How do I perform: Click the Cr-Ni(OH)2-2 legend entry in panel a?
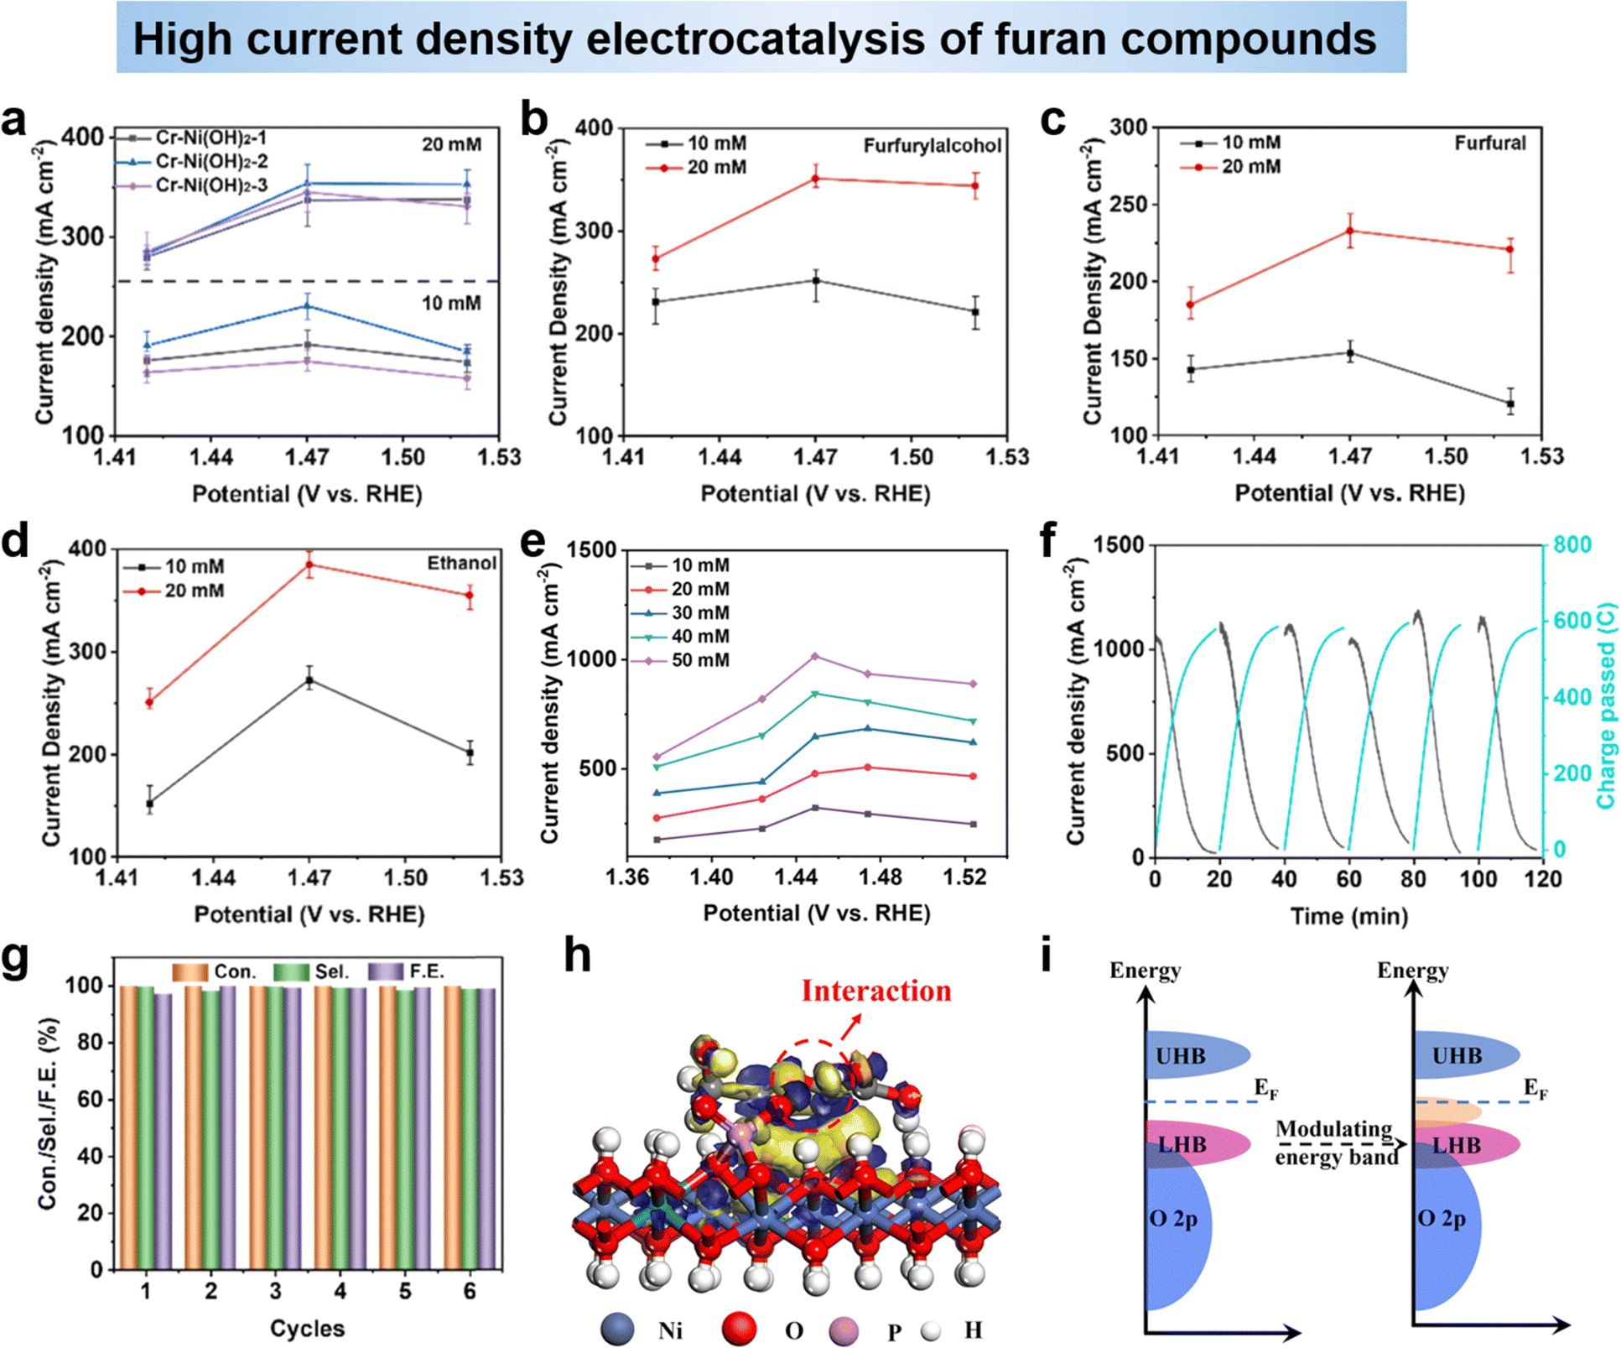(210, 161)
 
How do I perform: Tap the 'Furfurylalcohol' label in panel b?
(932, 146)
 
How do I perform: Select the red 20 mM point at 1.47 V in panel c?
(1350, 231)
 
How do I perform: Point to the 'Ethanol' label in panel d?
(461, 563)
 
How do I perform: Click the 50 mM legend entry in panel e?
(699, 660)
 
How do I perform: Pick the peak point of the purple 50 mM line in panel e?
(815, 656)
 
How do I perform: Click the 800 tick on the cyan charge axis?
(1572, 545)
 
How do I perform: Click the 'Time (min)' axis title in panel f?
(1348, 916)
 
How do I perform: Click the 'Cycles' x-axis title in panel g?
(307, 1329)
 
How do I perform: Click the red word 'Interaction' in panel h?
(875, 991)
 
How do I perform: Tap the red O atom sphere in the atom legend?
(739, 1330)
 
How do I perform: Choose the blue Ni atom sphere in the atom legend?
(617, 1330)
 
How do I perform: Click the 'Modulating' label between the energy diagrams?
(1333, 1129)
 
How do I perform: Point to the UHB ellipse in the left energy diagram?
(1191, 1055)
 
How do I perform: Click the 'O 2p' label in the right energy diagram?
(1441, 1218)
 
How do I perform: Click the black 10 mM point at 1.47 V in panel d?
(309, 680)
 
